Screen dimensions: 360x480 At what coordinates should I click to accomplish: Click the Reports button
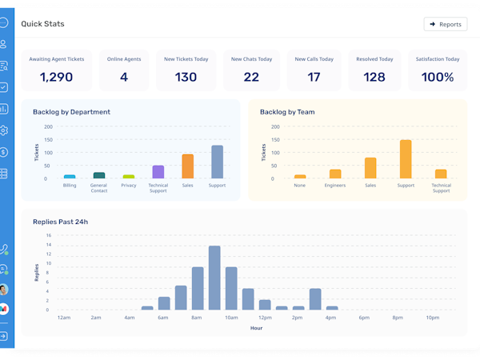click(x=446, y=24)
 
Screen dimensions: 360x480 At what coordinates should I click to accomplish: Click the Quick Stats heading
click(x=42, y=24)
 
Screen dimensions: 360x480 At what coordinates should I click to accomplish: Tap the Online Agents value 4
click(x=124, y=78)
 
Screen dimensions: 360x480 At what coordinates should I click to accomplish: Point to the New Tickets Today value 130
click(x=186, y=78)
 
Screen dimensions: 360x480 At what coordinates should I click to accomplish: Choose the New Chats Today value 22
click(x=251, y=78)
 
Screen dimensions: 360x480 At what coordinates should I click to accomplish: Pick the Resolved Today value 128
click(x=374, y=78)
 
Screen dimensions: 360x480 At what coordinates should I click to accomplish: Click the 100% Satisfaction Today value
click(x=438, y=78)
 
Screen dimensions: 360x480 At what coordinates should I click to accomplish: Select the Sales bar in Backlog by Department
click(x=188, y=166)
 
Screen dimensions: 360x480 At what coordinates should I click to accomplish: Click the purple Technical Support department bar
click(x=158, y=172)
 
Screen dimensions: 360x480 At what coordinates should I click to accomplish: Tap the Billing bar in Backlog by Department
click(x=70, y=176)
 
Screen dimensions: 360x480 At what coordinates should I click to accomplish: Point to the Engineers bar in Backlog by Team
click(x=335, y=174)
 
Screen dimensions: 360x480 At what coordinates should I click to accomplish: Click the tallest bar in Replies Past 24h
click(x=214, y=278)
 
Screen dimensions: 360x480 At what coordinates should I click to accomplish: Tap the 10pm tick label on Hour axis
click(x=433, y=318)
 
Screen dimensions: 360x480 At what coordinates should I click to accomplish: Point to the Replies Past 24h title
click(x=61, y=222)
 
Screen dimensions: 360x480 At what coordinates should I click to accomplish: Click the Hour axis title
click(x=256, y=328)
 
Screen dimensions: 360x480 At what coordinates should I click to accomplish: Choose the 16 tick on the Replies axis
click(x=49, y=235)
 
